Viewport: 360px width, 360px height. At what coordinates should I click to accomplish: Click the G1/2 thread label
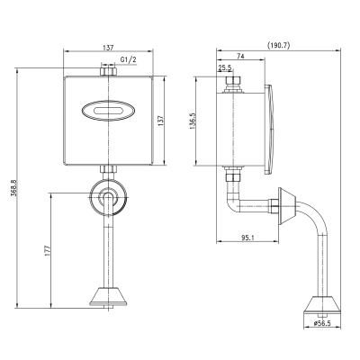pos(129,59)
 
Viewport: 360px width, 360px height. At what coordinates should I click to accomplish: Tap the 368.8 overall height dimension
pos(13,188)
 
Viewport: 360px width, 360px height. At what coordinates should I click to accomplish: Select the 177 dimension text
pos(47,250)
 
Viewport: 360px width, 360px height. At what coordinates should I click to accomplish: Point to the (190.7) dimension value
pos(278,45)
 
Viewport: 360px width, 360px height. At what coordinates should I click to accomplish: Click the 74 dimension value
pos(240,56)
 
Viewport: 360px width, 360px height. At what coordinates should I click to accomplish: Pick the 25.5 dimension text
pos(225,67)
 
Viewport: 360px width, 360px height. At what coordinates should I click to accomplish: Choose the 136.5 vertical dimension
pos(193,121)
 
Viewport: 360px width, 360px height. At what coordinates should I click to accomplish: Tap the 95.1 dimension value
pos(247,238)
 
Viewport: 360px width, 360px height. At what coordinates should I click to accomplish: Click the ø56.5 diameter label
pos(322,323)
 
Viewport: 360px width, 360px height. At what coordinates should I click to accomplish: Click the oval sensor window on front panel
pos(107,111)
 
